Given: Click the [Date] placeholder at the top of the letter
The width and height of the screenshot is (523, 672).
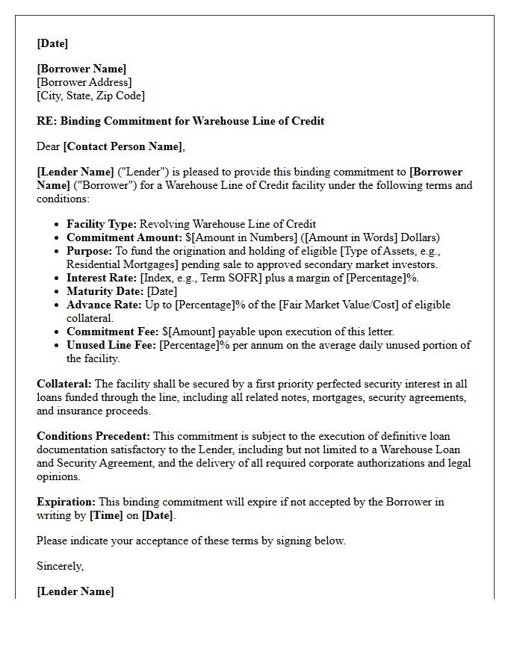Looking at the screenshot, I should (52, 43).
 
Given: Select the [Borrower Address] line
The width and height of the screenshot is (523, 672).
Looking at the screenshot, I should (84, 82).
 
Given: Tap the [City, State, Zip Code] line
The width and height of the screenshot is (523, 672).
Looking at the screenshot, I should (90, 96).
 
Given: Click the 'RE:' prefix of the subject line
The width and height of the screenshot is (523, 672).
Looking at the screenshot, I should (46, 121).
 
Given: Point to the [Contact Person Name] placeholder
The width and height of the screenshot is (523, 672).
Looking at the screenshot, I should (123, 146).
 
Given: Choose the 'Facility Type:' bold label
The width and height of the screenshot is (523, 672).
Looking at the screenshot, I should (102, 224).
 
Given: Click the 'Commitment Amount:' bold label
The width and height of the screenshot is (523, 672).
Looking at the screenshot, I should (124, 237).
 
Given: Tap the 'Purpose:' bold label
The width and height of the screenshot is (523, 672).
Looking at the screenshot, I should (89, 251).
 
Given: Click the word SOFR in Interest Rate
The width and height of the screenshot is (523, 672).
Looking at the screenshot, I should (244, 278).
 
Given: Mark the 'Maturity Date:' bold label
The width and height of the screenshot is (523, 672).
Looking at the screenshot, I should (105, 291).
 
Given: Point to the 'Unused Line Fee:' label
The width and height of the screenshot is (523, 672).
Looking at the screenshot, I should (111, 345).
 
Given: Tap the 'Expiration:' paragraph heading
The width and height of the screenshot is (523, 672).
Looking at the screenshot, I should (66, 502).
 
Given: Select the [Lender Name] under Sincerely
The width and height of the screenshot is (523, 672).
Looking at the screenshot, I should (75, 591).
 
